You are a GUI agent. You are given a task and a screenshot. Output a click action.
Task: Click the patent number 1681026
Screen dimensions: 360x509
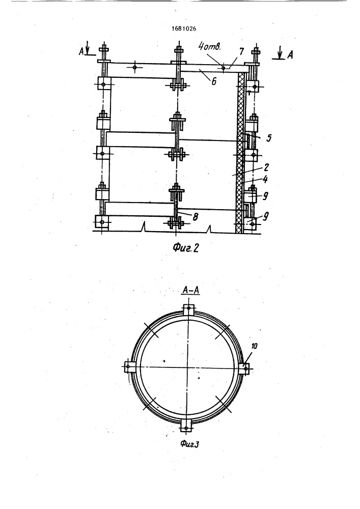click(184, 29)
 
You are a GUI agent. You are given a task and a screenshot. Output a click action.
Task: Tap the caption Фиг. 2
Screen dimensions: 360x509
click(185, 248)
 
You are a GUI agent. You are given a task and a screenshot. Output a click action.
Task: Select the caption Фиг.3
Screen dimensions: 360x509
click(190, 444)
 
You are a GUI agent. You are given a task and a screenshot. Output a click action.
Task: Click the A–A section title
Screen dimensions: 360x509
click(190, 291)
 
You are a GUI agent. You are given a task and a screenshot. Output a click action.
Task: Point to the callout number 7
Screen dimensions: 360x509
click(241, 51)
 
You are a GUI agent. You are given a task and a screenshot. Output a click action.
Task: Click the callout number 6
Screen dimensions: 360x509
click(214, 81)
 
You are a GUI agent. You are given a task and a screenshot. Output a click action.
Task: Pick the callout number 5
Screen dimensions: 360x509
click(268, 138)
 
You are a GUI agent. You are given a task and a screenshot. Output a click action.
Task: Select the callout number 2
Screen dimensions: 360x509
click(266, 167)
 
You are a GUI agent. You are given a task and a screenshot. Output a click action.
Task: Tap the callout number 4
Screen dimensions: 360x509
click(266, 179)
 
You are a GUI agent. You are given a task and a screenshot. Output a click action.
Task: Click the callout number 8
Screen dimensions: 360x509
click(195, 216)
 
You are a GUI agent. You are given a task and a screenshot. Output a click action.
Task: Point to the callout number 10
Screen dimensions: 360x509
click(254, 346)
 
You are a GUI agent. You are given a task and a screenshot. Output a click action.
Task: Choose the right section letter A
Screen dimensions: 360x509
click(290, 55)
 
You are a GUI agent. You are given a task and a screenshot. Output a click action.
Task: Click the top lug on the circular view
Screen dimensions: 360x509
click(188, 309)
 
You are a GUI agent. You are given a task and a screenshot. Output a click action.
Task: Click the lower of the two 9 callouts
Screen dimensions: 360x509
click(265, 216)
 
